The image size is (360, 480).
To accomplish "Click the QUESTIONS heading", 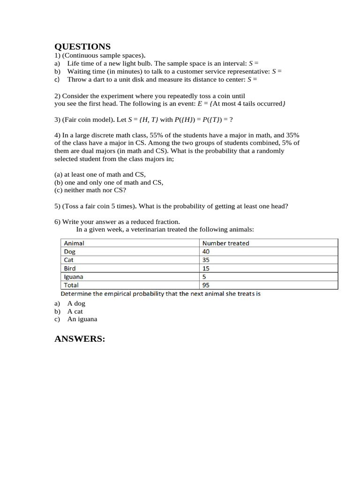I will [82, 46].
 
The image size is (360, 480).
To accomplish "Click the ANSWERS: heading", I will [80, 339].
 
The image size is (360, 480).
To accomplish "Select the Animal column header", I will [74, 243].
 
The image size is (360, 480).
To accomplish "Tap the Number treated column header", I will [225, 243].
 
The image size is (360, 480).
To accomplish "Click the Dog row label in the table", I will [69, 252].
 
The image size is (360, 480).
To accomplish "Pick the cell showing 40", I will [206, 252].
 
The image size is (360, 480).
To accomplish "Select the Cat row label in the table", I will [68, 260].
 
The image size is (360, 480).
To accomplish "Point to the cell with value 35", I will [206, 260].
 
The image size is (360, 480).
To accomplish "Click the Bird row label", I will [69, 268].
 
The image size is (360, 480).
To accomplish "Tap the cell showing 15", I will [206, 268].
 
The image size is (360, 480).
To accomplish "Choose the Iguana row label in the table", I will [73, 277].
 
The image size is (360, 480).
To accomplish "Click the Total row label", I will [71, 285].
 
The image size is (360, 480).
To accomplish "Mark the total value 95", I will [206, 285].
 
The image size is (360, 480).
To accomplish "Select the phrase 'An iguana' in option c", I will [82, 319].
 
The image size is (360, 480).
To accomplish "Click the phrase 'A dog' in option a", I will [76, 303].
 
